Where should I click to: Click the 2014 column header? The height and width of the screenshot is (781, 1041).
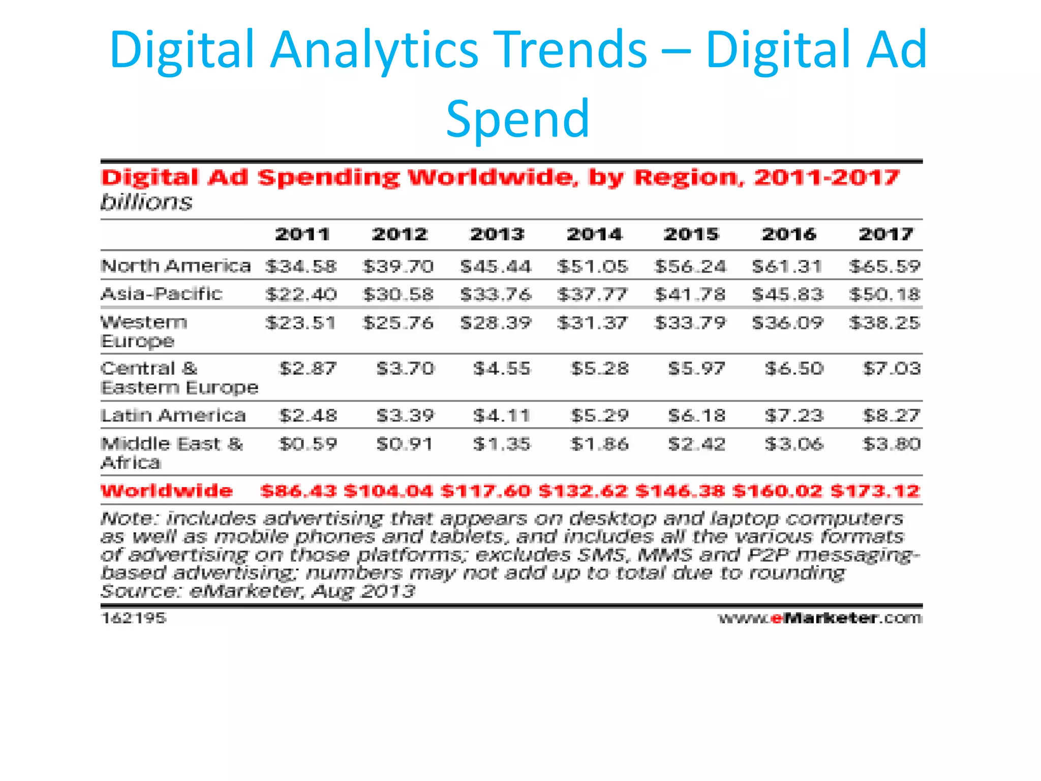[x=594, y=234]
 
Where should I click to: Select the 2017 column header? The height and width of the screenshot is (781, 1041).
[x=886, y=234]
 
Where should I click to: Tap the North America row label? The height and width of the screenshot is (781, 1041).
[x=176, y=266]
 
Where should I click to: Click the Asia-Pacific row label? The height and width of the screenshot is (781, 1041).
[x=162, y=294]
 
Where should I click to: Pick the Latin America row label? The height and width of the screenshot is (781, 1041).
[x=173, y=415]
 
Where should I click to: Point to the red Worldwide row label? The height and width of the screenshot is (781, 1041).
[x=167, y=491]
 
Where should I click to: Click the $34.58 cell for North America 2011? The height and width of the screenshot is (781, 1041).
[x=301, y=266]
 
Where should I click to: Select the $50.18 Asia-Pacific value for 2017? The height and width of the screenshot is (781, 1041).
[x=885, y=294]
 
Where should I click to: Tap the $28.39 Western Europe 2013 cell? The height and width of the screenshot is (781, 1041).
[x=496, y=322]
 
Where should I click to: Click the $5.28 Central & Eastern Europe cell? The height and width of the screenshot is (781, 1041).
[x=600, y=368]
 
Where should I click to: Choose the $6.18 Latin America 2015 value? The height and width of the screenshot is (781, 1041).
[x=697, y=415]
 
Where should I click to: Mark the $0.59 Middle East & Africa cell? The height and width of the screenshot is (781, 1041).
[x=308, y=444]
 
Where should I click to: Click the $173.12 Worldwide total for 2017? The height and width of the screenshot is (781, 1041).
[x=875, y=491]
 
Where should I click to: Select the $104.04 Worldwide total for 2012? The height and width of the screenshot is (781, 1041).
[x=388, y=491]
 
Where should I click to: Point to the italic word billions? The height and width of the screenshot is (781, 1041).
[x=146, y=202]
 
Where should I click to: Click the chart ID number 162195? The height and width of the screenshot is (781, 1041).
[x=134, y=618]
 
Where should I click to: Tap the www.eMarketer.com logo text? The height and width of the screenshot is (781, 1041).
[x=820, y=618]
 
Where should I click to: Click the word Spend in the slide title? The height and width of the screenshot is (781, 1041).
[x=517, y=118]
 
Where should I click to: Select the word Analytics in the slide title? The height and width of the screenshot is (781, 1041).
[x=374, y=49]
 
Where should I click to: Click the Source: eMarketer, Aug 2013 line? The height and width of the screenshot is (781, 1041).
[x=258, y=591]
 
